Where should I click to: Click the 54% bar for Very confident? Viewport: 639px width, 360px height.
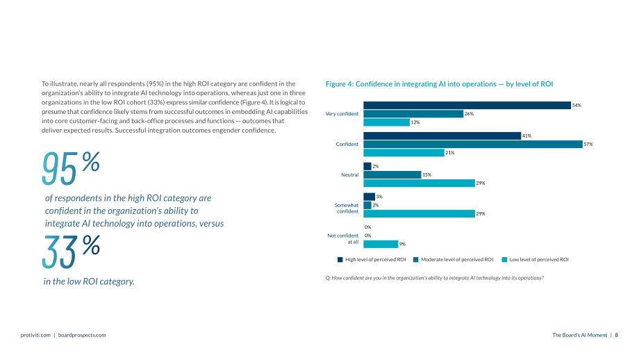[467, 105]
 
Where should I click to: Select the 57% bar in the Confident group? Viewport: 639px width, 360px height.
[473, 144]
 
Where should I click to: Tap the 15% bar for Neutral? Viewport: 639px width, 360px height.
[392, 174]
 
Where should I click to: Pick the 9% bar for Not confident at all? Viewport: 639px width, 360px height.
[381, 244]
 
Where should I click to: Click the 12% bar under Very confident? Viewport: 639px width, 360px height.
[386, 122]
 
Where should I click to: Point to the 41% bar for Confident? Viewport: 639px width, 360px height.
[442, 136]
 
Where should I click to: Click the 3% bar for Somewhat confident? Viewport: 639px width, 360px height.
[370, 197]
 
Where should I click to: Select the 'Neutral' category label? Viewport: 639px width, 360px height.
[349, 174]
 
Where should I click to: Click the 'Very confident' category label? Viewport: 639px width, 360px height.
[342, 114]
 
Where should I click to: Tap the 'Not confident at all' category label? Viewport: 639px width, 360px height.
[342, 238]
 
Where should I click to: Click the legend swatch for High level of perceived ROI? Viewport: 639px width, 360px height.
[340, 260]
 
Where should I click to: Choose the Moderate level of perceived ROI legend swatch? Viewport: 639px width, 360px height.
[415, 260]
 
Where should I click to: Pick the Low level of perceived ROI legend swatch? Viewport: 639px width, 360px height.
[504, 260]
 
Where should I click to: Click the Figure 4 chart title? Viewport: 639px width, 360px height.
[439, 84]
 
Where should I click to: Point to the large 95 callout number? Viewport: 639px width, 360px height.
[59, 168]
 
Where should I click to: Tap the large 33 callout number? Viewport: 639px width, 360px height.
[60, 252]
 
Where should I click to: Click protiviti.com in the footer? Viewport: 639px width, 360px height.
[35, 335]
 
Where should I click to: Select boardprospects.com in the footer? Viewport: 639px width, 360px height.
[82, 335]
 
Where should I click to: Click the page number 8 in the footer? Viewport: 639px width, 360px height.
[617, 335]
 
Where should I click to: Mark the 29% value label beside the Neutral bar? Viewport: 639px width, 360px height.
[481, 183]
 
